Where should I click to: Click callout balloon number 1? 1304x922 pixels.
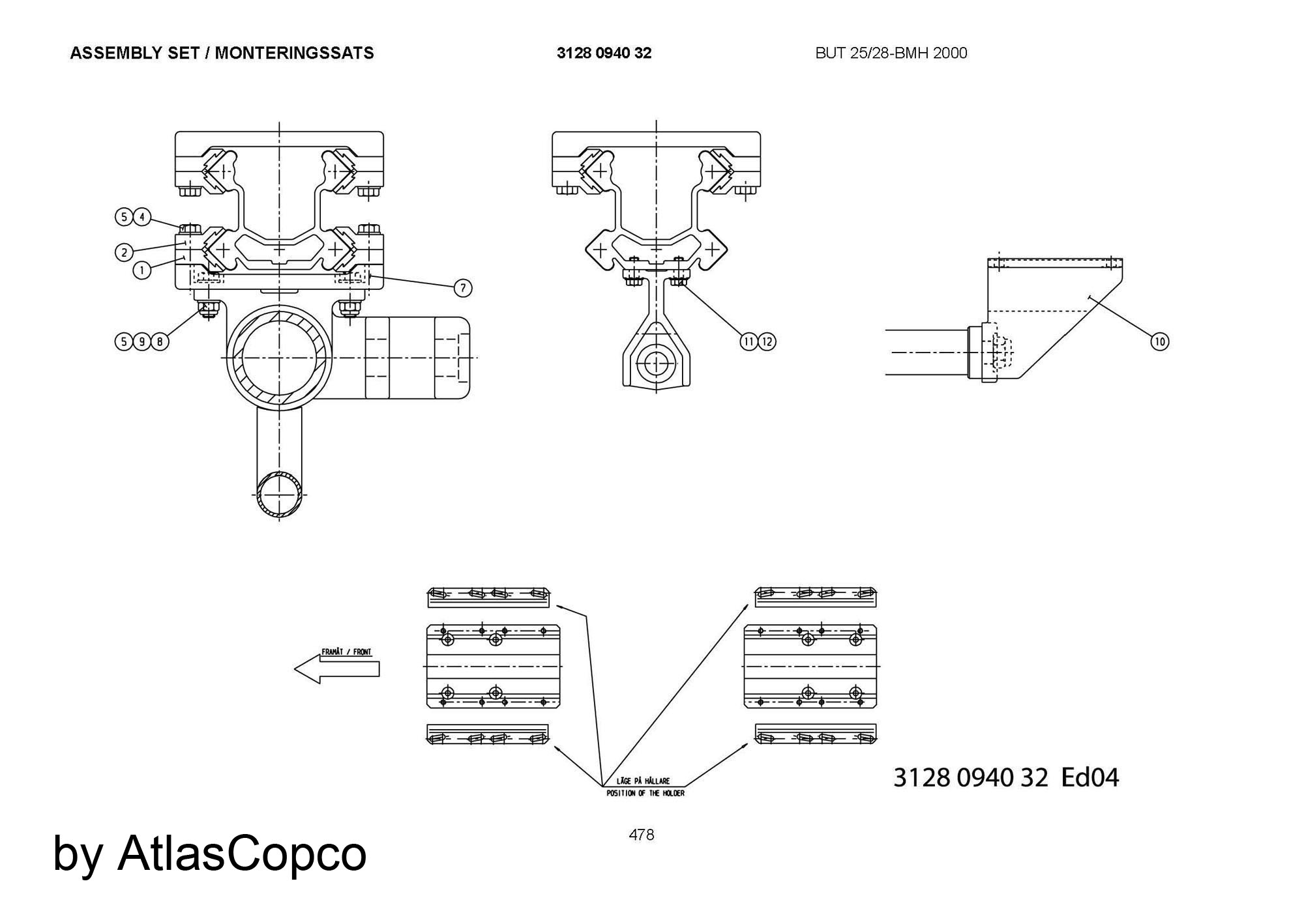click(x=142, y=269)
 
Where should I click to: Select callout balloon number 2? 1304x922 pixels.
click(x=125, y=252)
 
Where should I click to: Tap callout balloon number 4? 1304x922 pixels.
click(x=142, y=217)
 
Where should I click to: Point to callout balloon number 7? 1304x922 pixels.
click(x=462, y=287)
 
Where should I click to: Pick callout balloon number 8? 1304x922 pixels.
click(x=160, y=341)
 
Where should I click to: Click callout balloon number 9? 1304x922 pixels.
click(x=142, y=341)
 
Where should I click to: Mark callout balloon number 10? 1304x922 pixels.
click(x=1160, y=341)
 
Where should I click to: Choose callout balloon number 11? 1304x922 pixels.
click(x=748, y=341)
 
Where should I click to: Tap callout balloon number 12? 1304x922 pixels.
click(x=767, y=341)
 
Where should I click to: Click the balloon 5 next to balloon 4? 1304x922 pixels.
click(x=125, y=217)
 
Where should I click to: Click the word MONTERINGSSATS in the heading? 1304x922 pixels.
click(x=295, y=53)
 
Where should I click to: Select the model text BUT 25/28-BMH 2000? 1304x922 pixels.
click(x=891, y=53)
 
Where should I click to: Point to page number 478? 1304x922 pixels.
click(x=642, y=835)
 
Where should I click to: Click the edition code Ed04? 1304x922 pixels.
click(x=1090, y=777)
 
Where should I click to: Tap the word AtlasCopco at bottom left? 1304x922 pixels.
click(x=242, y=854)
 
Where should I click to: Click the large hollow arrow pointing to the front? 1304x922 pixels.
click(x=337, y=669)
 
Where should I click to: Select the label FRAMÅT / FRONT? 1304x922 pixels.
click(x=346, y=652)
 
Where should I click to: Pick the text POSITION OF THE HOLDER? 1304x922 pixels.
click(x=645, y=793)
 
